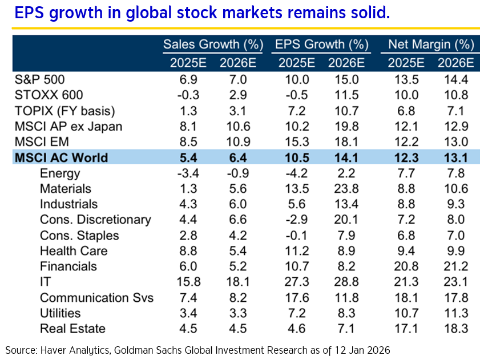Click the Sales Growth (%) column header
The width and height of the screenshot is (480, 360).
(209, 45)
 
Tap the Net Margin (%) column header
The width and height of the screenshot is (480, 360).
(431, 45)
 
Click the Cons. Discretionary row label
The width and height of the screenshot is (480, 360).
(95, 220)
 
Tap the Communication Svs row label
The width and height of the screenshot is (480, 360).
(96, 297)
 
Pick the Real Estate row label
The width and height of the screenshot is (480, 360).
(72, 329)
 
